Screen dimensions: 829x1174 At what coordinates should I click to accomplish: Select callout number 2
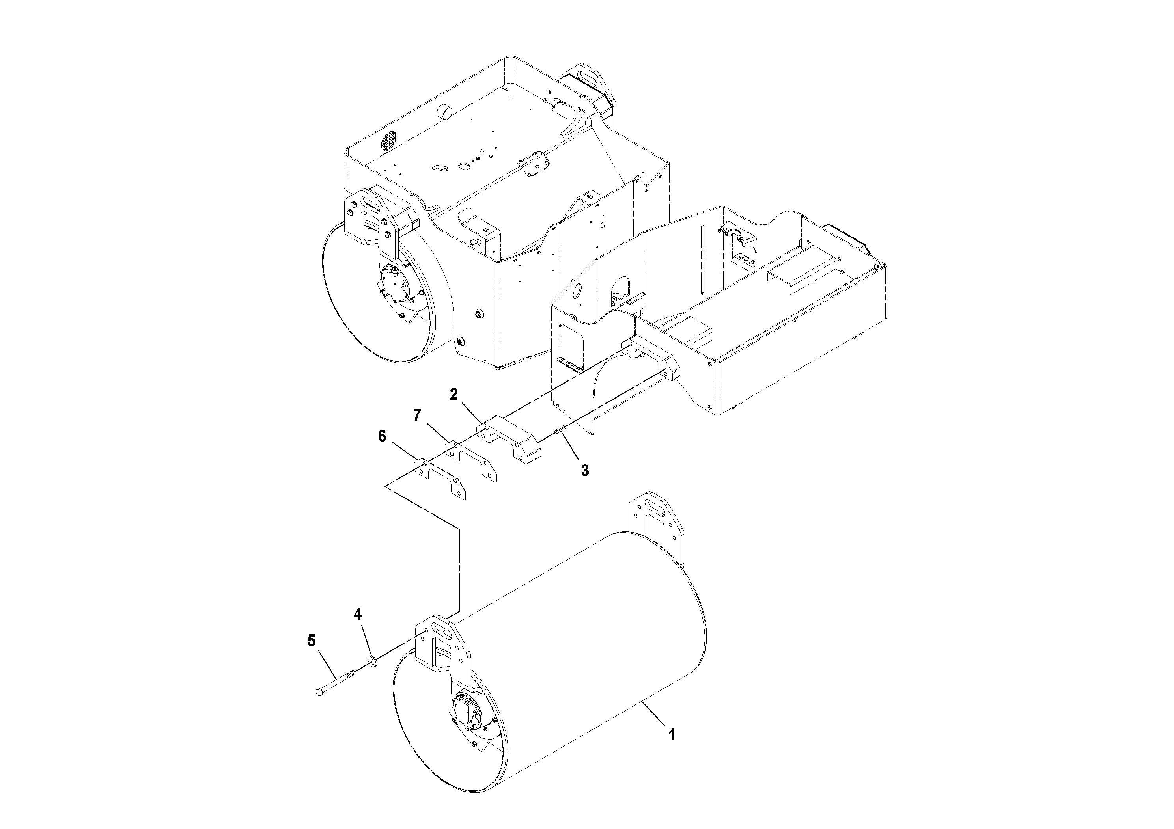(x=454, y=394)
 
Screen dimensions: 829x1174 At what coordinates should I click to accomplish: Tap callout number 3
(x=585, y=470)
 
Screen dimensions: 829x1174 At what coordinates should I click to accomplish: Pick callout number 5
(x=312, y=641)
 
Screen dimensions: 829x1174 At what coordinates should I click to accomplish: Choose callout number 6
(x=382, y=436)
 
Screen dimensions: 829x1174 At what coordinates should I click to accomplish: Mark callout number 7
(x=417, y=415)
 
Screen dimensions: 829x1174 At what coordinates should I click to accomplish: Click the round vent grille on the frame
(x=390, y=141)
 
